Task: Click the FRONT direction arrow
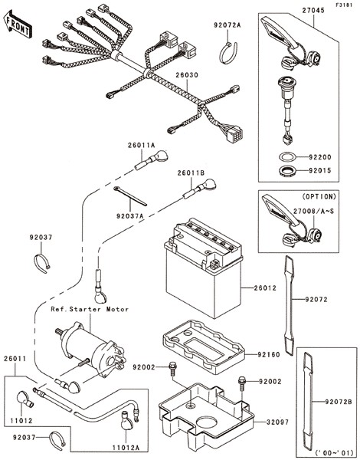(18, 25)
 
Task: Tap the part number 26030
(187, 75)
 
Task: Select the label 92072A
(227, 25)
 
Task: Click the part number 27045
(313, 11)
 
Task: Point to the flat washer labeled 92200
(287, 157)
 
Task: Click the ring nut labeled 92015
(287, 171)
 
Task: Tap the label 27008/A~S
(314, 211)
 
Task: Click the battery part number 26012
(265, 288)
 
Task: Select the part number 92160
(269, 354)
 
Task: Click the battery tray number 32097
(277, 422)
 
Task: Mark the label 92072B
(339, 402)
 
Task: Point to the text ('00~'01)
(335, 453)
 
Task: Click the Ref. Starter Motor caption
(90, 309)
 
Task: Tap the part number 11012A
(126, 448)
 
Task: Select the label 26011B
(191, 173)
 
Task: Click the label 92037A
(130, 216)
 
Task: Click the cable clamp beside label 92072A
(228, 53)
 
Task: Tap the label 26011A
(141, 145)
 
